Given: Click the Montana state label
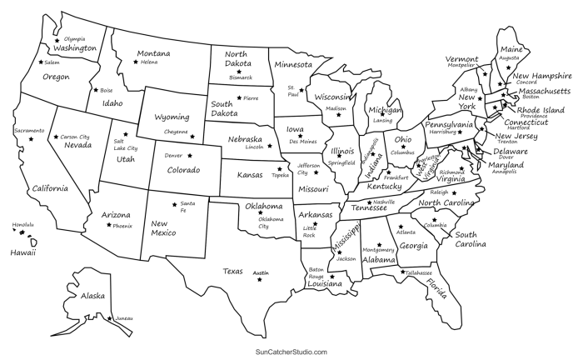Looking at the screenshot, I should pos(154,53).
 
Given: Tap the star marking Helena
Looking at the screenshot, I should pos(136,61).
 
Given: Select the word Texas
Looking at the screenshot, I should pos(232,271).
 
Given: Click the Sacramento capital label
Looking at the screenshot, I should pos(28,131).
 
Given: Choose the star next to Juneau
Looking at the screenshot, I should pos(109,318).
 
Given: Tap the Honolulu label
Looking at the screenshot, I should pos(23,224).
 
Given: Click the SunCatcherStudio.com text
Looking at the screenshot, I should pos(291,352).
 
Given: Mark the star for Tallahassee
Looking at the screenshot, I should pos(401,272).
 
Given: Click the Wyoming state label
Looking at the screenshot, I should pos(172,117).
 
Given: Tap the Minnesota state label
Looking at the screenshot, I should pos(293,64).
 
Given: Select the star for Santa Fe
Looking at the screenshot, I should pos(172,203).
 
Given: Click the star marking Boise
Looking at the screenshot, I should pos(94,90).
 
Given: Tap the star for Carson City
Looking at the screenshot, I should pos(57,137).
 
